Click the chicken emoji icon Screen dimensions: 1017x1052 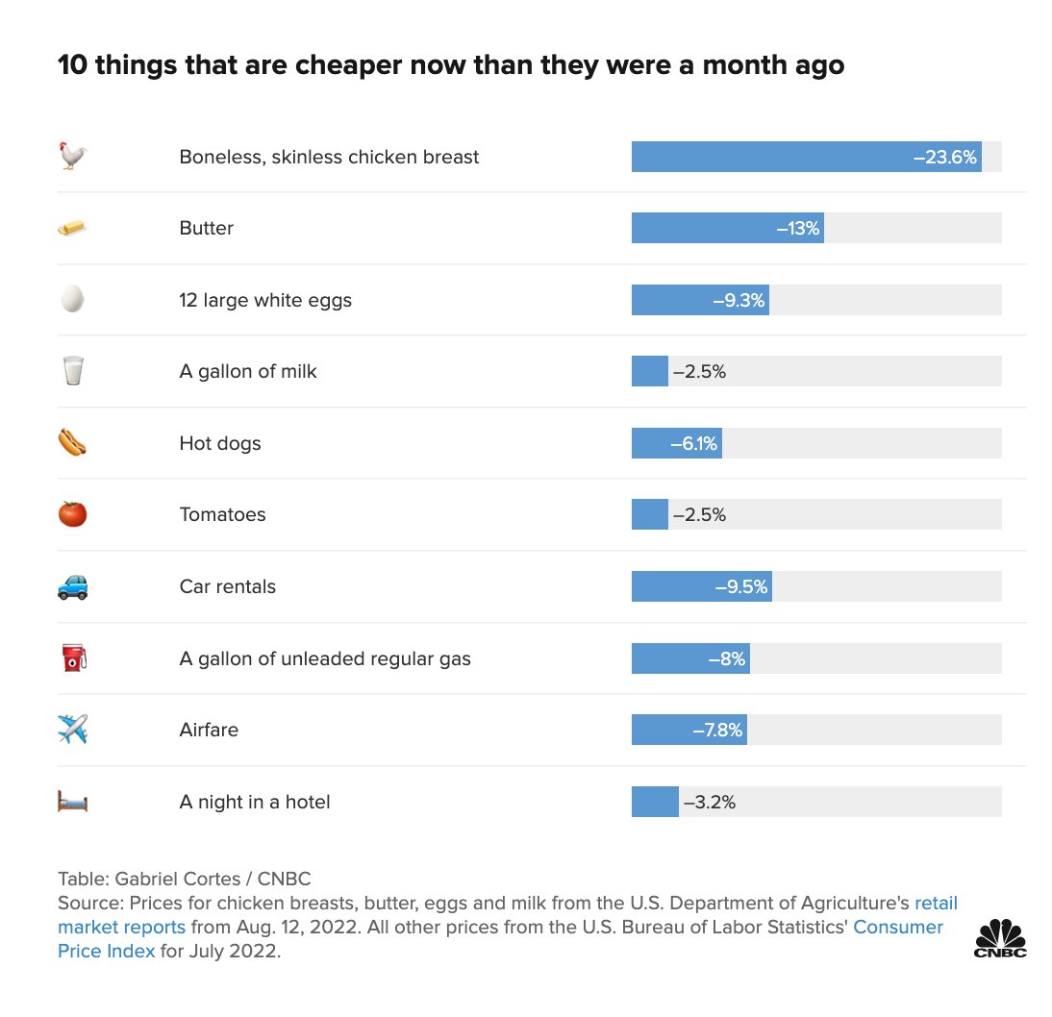coord(72,156)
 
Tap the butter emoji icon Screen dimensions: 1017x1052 coord(72,228)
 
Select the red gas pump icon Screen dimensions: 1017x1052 coord(72,658)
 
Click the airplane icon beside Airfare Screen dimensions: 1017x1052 coord(72,730)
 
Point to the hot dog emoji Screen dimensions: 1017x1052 coord(72,443)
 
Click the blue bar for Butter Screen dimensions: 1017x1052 coord(702,228)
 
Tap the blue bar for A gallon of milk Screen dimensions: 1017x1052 coord(649,371)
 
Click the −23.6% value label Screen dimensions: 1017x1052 coord(944,157)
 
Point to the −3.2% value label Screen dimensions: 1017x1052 coord(709,802)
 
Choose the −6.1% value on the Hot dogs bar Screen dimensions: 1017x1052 coord(693,443)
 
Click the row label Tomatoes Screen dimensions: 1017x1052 coord(222,514)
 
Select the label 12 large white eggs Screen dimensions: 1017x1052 coord(265,300)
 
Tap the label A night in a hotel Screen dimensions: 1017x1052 coord(254,802)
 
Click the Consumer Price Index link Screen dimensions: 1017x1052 coord(898,928)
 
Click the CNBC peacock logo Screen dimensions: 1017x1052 coord(1001,937)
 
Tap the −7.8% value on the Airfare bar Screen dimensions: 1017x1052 coord(717,730)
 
